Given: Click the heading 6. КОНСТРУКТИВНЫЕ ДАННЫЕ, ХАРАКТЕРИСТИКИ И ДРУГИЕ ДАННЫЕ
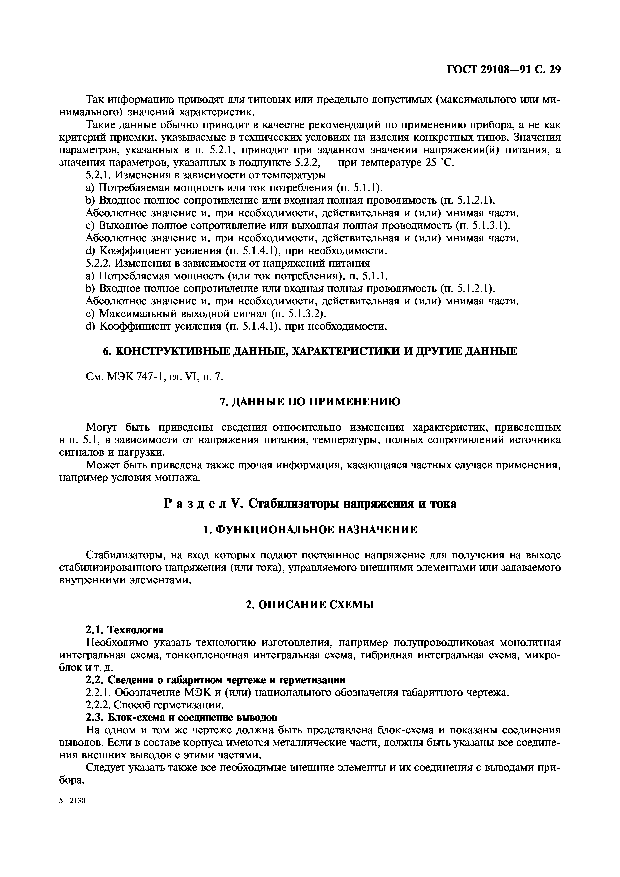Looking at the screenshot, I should (x=310, y=351).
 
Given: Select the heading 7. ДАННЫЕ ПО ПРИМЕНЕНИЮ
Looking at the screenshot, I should (x=310, y=402).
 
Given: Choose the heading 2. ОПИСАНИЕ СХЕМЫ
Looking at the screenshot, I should (x=310, y=605).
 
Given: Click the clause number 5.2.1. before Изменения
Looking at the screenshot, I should (x=99, y=176).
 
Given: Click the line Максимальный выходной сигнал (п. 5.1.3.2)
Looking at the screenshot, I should (x=206, y=314).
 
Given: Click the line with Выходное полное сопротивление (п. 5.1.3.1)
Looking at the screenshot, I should (x=298, y=226).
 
